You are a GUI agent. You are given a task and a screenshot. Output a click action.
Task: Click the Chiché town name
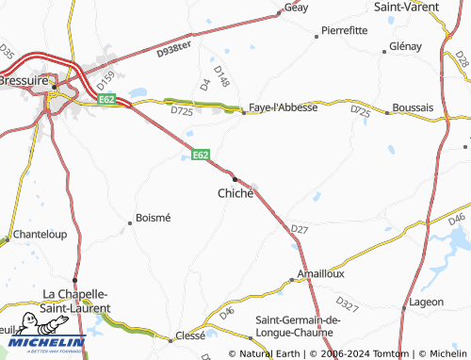(235, 192)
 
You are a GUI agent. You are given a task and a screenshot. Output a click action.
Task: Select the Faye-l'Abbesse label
(283, 107)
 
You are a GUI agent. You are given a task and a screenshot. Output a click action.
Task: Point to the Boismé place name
(154, 218)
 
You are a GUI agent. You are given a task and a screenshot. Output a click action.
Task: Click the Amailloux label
(321, 273)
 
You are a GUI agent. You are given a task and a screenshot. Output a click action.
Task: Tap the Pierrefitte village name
(344, 30)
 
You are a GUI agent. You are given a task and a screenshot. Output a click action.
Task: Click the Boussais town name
(413, 107)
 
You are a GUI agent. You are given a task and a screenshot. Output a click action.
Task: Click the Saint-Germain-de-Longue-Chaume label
(295, 326)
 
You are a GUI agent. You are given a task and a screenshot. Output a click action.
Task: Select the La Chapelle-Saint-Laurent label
(77, 300)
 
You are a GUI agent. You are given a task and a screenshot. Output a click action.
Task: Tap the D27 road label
(300, 229)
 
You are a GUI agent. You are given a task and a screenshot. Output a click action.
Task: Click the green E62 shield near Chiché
(200, 155)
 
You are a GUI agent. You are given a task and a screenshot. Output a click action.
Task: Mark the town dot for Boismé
(130, 223)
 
